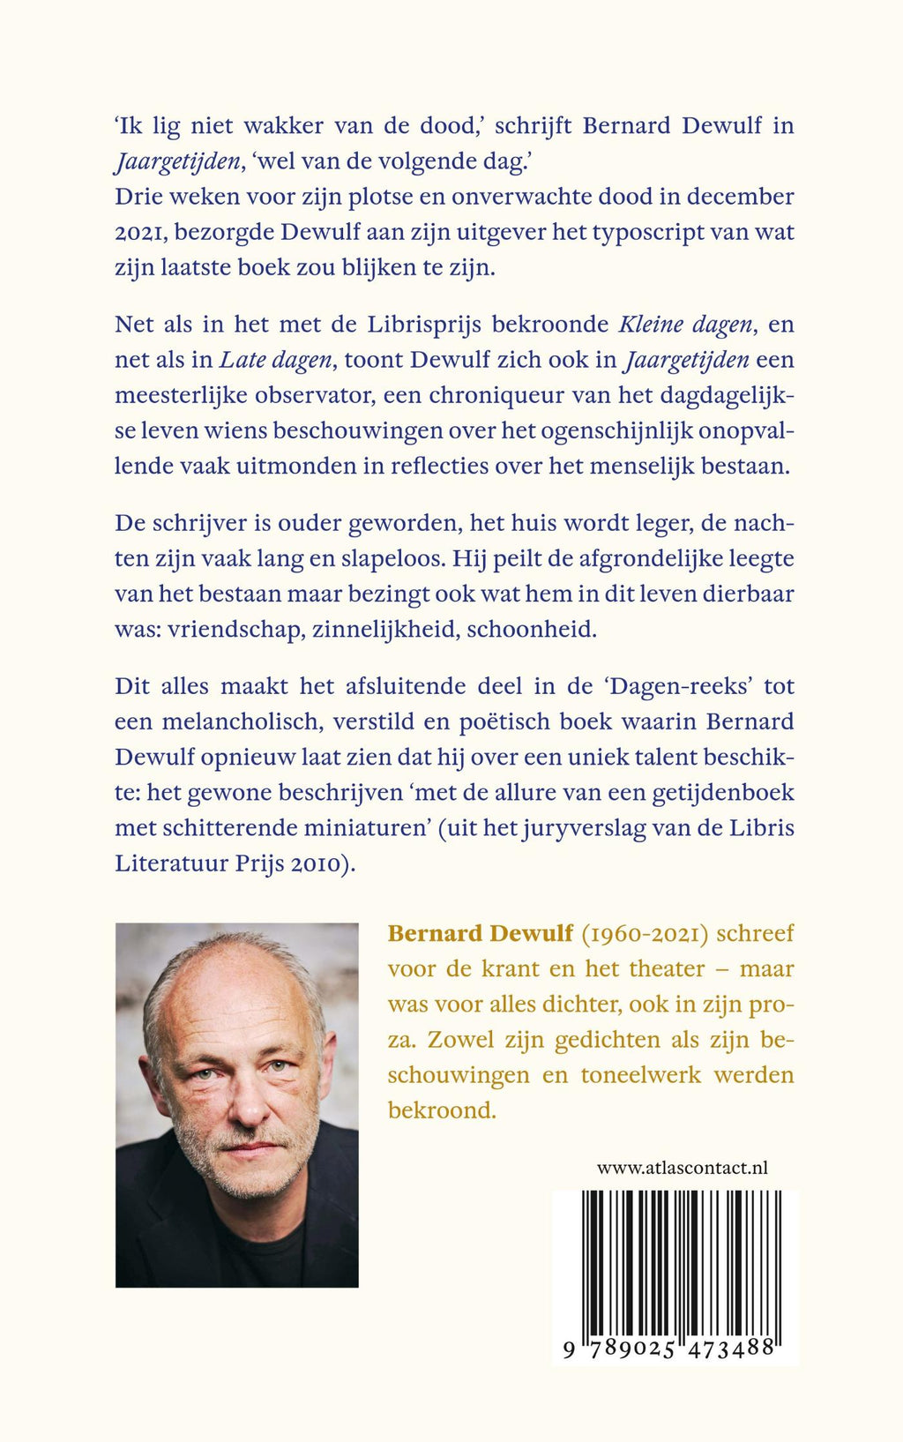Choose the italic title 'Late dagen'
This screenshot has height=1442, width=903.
click(x=275, y=360)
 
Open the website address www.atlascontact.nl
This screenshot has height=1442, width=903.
click(x=683, y=1168)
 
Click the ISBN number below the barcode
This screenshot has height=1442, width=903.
click(x=668, y=1349)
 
